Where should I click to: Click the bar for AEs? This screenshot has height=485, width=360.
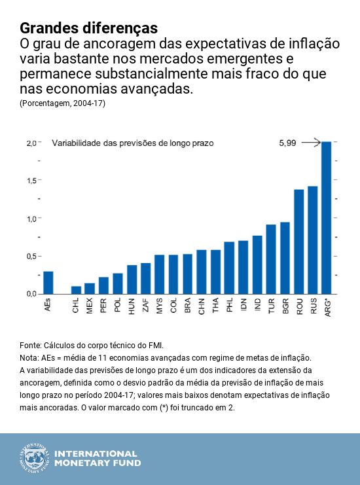(48, 282)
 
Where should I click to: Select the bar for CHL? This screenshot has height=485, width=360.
(76, 290)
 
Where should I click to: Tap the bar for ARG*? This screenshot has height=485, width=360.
(327, 217)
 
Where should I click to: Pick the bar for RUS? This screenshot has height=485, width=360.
(312, 240)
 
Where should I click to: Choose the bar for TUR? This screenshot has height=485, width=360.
(271, 259)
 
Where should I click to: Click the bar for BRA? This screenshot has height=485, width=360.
(187, 274)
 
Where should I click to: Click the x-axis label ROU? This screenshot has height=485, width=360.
(299, 308)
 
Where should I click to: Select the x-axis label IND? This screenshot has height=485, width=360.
(257, 307)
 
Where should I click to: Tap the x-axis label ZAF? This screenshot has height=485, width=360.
(146, 308)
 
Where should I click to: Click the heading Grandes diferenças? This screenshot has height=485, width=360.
(88, 28)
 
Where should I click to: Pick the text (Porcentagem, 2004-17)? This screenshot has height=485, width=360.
(62, 103)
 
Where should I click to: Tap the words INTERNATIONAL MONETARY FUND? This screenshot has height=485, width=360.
(96, 458)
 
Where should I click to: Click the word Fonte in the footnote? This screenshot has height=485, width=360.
(31, 345)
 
